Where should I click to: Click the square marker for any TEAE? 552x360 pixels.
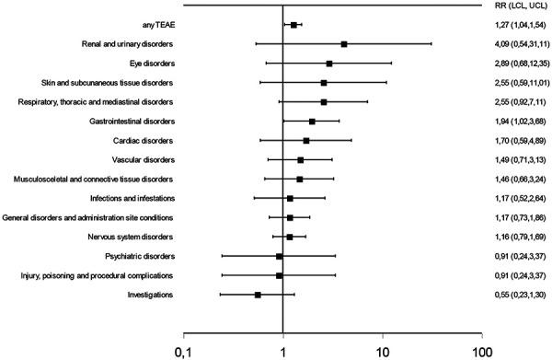point(293,25)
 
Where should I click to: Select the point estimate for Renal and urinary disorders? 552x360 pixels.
point(344,44)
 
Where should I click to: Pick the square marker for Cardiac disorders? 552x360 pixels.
point(306,141)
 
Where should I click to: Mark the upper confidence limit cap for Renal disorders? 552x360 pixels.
point(431,44)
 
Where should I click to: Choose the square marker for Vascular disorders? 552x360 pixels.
point(300,160)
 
